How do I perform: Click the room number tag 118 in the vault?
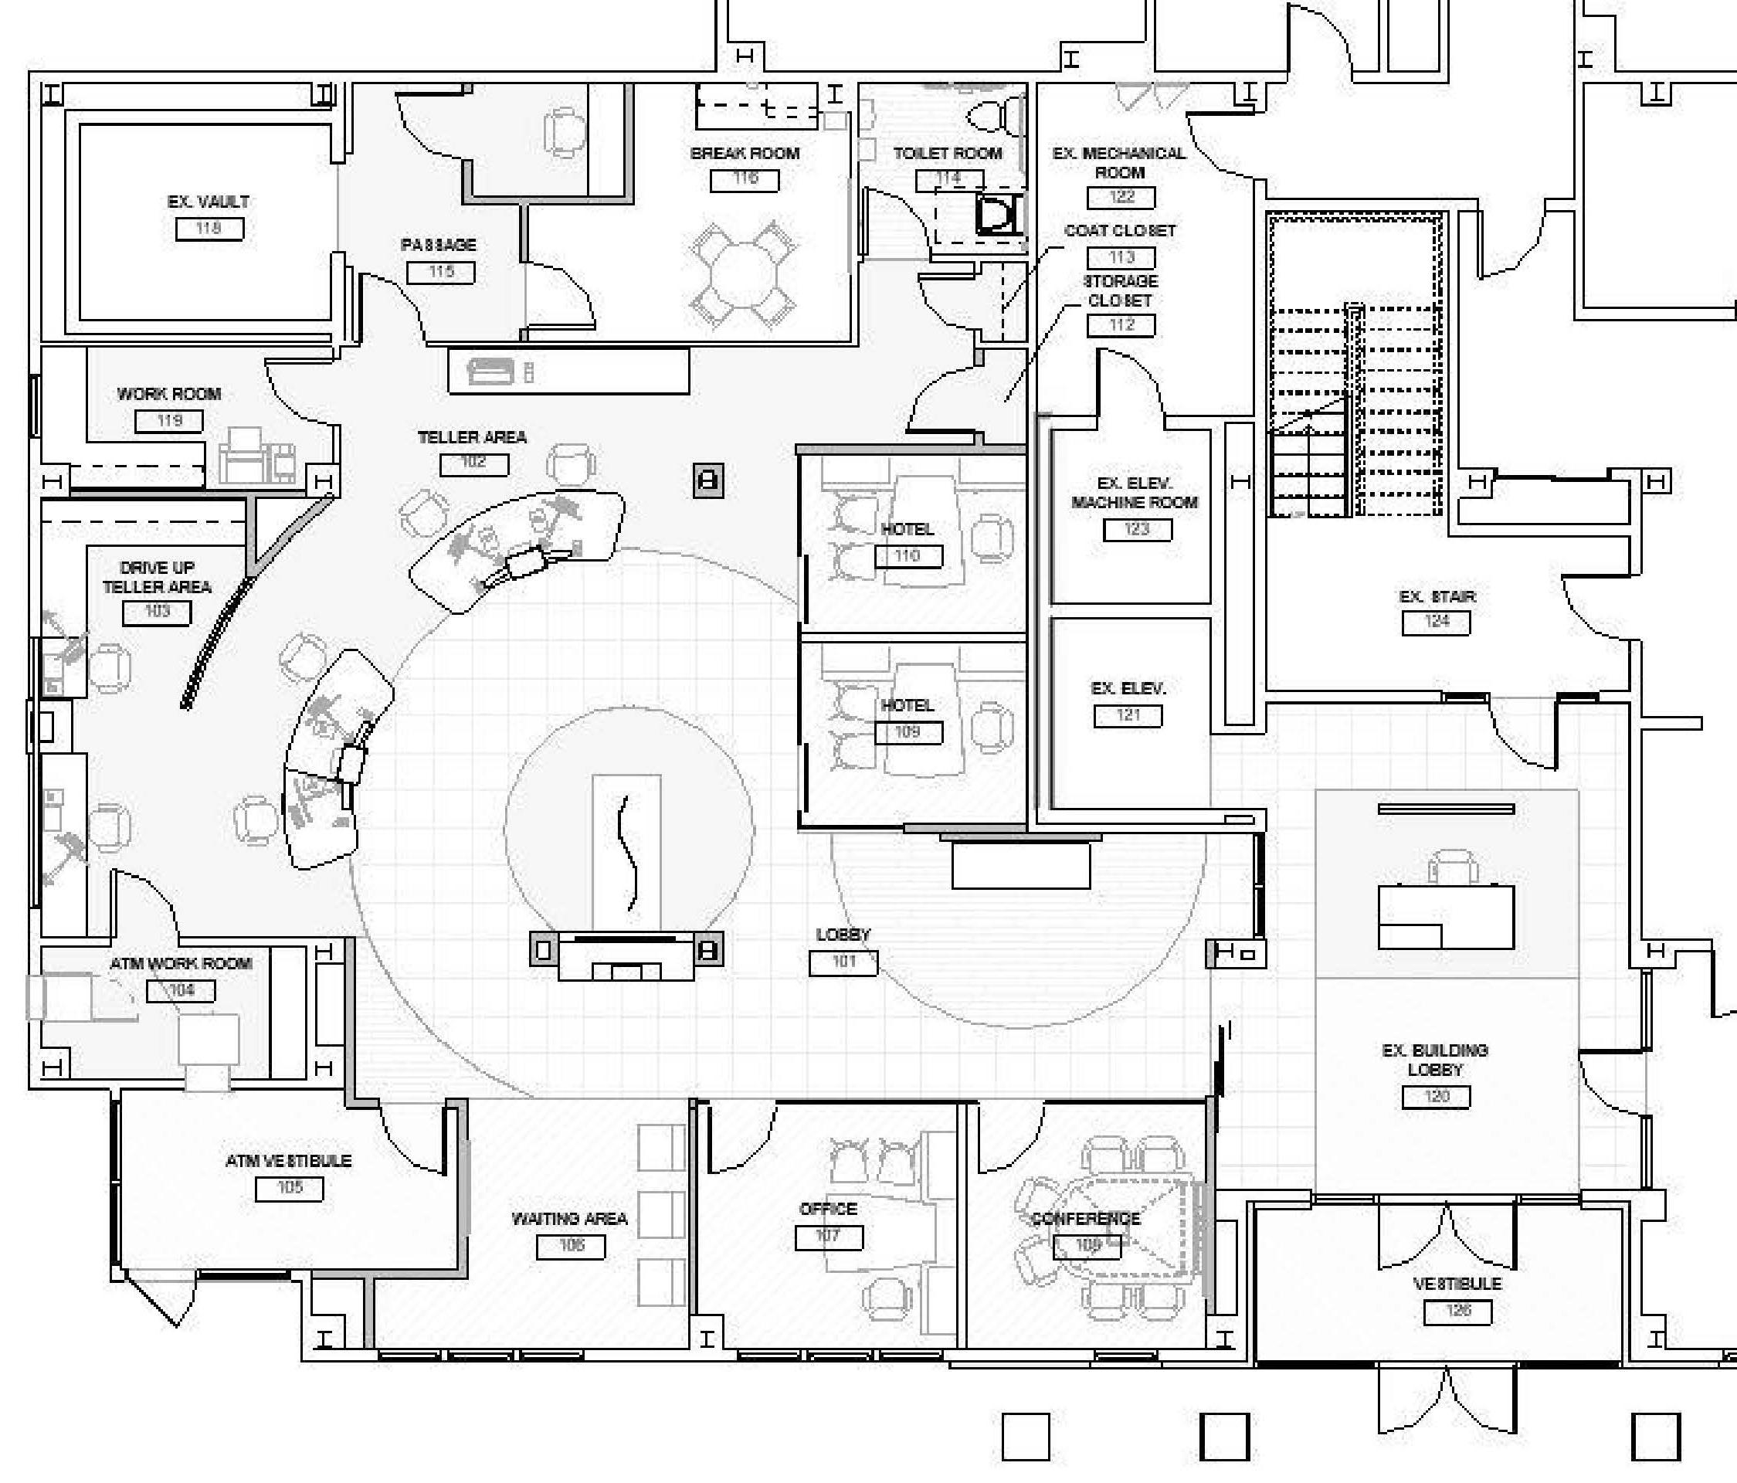(x=209, y=228)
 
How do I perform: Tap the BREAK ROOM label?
(x=745, y=154)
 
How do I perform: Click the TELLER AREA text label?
(x=472, y=436)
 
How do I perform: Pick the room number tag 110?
(x=908, y=556)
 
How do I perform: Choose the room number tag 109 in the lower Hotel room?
(x=908, y=732)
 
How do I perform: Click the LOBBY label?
(x=843, y=934)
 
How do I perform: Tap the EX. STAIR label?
(x=1437, y=596)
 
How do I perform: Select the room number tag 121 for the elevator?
(x=1128, y=715)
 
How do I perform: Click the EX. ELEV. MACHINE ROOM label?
(x=1135, y=493)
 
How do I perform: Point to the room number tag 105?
(x=289, y=1188)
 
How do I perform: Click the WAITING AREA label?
(x=569, y=1218)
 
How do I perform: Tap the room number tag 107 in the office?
(x=828, y=1236)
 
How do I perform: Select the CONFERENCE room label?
(x=1086, y=1218)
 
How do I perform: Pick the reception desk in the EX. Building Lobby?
(x=1446, y=917)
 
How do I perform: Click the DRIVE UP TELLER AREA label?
(x=157, y=577)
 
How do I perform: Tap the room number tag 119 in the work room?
(x=168, y=420)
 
